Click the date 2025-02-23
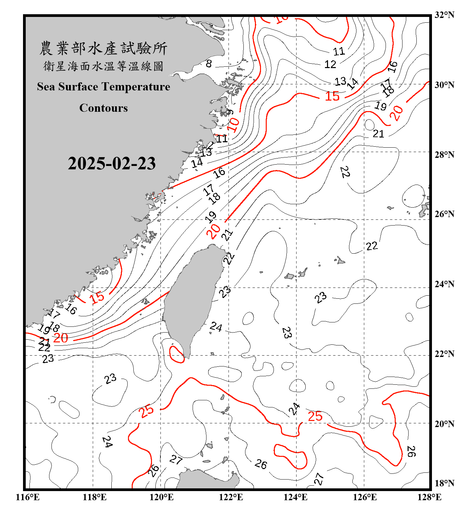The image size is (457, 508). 112,164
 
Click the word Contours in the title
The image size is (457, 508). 104,108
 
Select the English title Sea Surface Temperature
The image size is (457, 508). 104,87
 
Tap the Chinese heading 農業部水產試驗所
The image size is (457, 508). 103,48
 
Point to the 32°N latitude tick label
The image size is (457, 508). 444,15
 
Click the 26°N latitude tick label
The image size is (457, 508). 444,214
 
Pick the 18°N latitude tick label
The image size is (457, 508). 444,483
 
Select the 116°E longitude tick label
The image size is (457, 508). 28,497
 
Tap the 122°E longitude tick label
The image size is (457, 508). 231,497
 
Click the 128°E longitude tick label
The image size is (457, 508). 429,497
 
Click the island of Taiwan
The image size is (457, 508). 193,298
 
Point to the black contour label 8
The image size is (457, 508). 209,63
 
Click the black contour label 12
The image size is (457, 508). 330,64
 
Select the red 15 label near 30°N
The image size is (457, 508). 332,96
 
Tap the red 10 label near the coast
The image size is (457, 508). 233,125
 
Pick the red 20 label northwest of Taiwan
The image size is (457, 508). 213,231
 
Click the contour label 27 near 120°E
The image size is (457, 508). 176,460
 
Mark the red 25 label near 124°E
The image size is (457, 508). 315,416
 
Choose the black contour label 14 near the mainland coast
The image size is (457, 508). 197,163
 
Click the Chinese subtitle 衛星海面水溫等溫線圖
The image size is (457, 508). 103,66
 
